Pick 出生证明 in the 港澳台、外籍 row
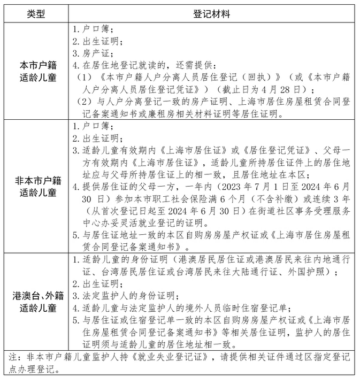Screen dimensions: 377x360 coord(99,283)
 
